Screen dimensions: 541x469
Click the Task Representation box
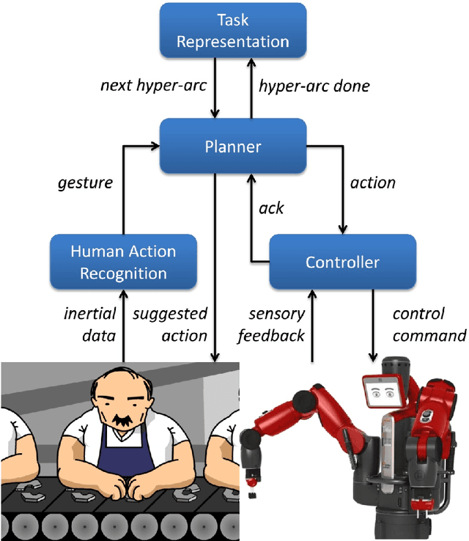(232, 32)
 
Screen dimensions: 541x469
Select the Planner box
(232, 147)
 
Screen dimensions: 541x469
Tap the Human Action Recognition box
(123, 262)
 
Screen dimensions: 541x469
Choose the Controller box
(342, 262)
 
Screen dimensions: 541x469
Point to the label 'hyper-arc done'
(314, 87)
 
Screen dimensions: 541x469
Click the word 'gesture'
(85, 183)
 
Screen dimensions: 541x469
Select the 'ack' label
(271, 208)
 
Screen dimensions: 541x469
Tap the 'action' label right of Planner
(373, 183)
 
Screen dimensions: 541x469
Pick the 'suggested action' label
(169, 325)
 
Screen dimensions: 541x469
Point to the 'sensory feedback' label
(276, 325)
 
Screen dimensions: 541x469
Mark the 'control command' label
(429, 325)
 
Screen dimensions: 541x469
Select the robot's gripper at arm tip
(254, 481)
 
